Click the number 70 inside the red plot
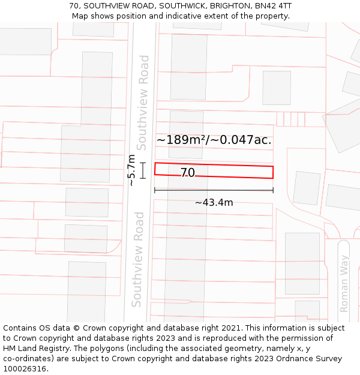[x=187, y=173]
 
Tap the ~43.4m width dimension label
[x=214, y=203]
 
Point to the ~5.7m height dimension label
[x=131, y=170]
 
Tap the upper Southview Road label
[x=143, y=102]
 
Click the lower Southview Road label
[x=138, y=259]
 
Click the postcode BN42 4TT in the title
[x=273, y=6]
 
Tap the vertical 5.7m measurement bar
[x=143, y=170]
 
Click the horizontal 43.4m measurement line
[x=214, y=190]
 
